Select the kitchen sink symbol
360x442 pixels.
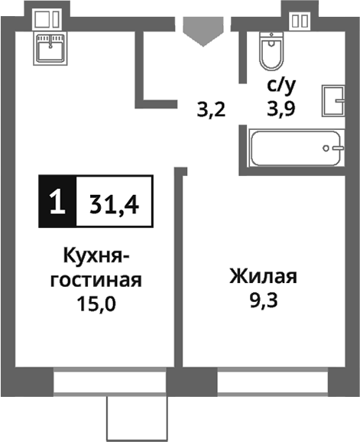pos(50,50)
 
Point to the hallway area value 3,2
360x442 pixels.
pos(210,109)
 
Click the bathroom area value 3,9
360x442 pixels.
pos(281,109)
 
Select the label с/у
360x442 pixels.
pos(280,86)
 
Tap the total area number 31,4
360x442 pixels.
pos(114,203)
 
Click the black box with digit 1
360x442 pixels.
pos(57,203)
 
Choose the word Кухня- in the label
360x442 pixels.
pos(96,255)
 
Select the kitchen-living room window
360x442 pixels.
pos(109,380)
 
